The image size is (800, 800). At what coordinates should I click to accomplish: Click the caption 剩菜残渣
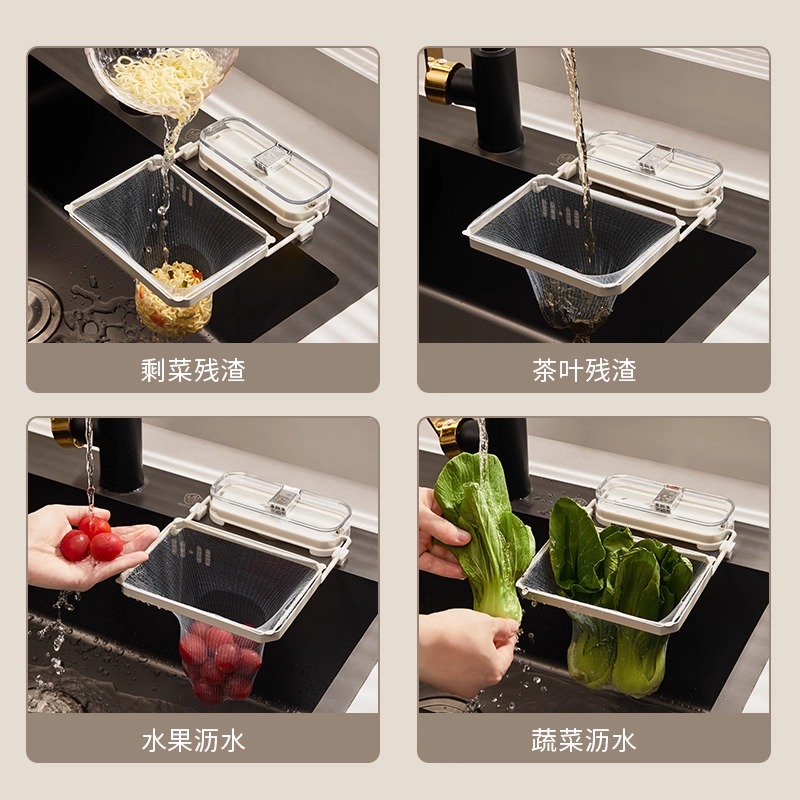coord(193,371)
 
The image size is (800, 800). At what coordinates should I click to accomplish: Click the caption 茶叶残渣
coord(584,371)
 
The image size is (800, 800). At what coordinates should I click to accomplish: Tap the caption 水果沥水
coord(193,741)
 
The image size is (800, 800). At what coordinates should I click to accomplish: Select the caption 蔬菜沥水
coord(584,741)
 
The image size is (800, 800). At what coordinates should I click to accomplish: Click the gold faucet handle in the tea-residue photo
coord(436,75)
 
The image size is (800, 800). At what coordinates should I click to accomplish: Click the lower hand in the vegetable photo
coord(465,650)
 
